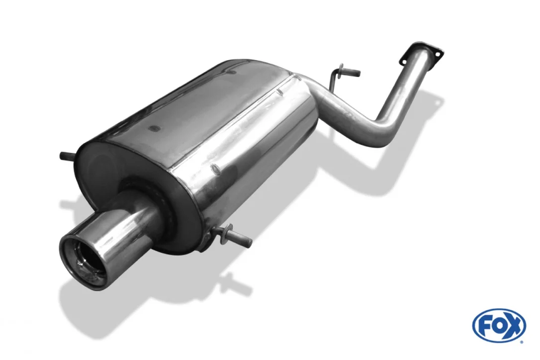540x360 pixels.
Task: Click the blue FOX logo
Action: pyautogui.click(x=499, y=325)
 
